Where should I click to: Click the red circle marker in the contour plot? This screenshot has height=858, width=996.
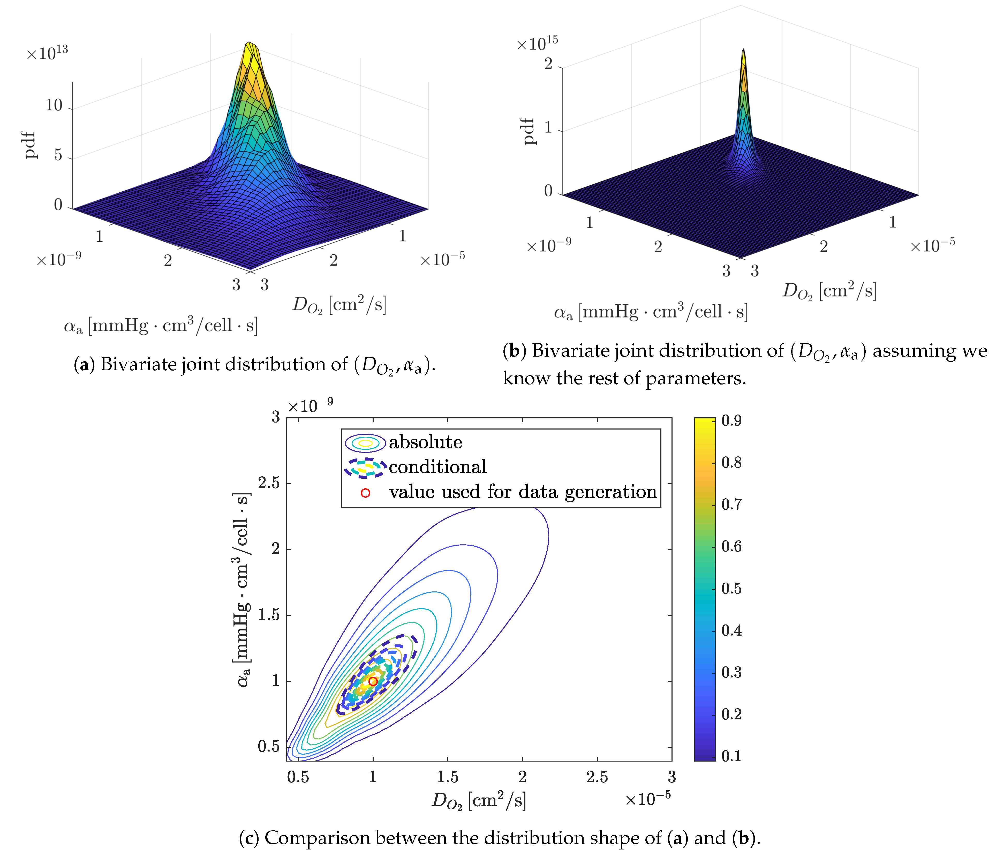tap(373, 681)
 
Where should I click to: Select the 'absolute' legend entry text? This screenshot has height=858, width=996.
tap(425, 442)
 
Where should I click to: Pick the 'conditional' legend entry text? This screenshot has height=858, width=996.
tap(437, 467)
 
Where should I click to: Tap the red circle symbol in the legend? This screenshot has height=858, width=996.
tap(365, 493)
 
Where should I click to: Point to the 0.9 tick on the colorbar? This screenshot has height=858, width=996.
tap(731, 420)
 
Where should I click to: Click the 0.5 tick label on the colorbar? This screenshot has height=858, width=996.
tap(731, 588)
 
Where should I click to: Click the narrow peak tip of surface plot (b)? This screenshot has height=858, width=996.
tap(743, 50)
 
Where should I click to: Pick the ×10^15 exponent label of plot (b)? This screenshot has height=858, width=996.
tap(537, 43)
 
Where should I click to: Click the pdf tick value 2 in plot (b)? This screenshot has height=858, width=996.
tap(548, 63)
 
